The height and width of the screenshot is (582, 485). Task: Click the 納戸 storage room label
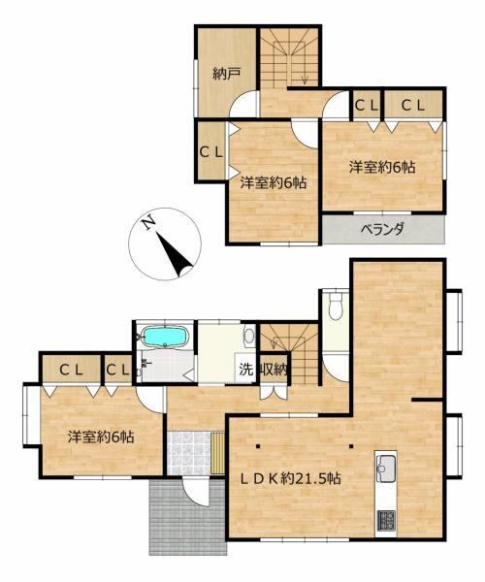(x=227, y=75)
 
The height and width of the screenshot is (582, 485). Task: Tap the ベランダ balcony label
(x=382, y=229)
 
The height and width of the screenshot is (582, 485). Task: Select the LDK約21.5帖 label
(x=291, y=478)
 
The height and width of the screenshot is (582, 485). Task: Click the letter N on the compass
(x=149, y=223)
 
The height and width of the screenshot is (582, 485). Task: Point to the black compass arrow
(x=175, y=255)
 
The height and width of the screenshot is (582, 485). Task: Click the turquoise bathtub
(x=165, y=336)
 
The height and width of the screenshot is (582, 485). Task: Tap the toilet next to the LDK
(x=336, y=306)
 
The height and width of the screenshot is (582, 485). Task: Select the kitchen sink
(x=386, y=468)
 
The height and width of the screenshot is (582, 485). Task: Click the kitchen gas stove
(x=386, y=520)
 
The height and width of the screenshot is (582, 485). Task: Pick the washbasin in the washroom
(x=249, y=336)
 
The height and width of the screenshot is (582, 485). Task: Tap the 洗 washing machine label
(x=245, y=370)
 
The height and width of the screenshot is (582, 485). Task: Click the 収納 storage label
(x=274, y=370)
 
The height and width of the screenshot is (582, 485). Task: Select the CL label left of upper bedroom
(x=211, y=152)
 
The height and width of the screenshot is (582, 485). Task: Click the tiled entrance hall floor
(x=189, y=453)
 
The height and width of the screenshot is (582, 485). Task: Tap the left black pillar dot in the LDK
(x=257, y=446)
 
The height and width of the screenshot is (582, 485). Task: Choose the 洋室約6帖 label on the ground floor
(x=101, y=436)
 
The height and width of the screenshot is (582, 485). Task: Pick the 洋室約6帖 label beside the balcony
(x=382, y=168)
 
